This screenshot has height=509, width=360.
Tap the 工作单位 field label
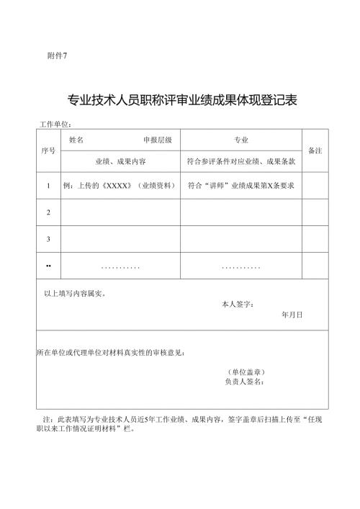pos(55,125)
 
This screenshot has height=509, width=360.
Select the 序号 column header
pos(48,151)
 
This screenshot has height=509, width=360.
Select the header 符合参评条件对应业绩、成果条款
pos(241,163)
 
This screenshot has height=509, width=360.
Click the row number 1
pos(48,186)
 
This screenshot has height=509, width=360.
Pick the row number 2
pos(48,212)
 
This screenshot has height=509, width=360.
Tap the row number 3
pos(48,238)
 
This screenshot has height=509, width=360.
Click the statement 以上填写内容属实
pos(76,293)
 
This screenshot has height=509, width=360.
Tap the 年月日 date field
pos(292,315)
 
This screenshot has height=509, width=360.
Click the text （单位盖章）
pos(246,371)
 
